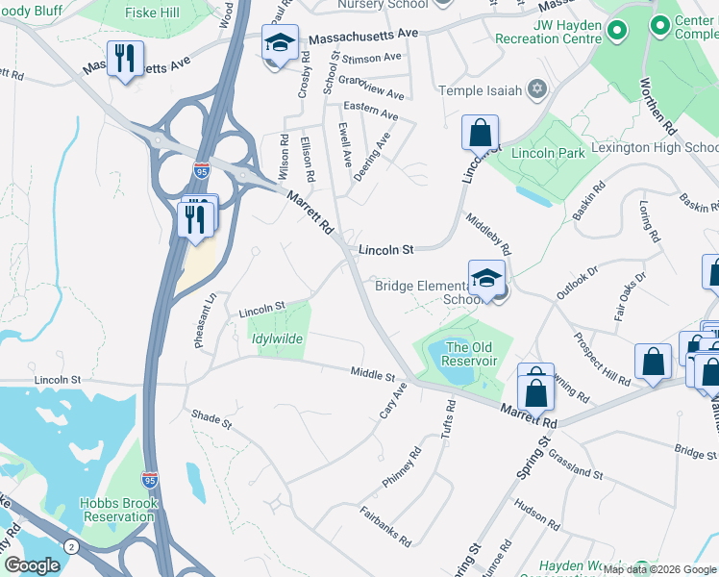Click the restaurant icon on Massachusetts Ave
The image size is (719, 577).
pos(125,60)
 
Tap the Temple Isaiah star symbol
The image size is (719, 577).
pos(537,90)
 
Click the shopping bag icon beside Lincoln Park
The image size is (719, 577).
pos(480,133)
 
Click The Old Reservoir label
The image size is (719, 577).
pos(471,354)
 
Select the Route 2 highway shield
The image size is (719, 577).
pos(70,547)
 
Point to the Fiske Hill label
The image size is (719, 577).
pos(153,13)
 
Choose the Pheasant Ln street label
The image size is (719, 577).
pos(203,324)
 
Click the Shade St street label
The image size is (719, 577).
pos(212,420)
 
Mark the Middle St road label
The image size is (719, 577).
pos(373,372)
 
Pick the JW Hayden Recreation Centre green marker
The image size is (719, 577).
pos(615,32)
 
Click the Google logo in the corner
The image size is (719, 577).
pos(32,565)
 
